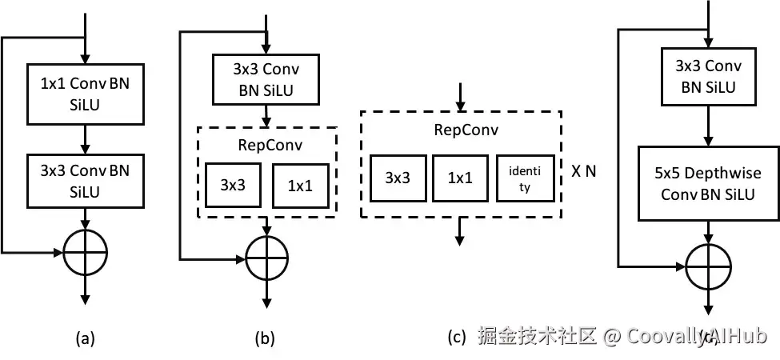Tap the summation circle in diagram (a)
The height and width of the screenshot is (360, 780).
pos(84,252)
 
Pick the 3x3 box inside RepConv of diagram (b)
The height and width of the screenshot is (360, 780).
pos(233,185)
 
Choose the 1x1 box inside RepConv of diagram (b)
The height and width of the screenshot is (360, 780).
pos(300,185)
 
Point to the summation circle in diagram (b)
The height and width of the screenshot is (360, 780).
pos(266,257)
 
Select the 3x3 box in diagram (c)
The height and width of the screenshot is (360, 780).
pos(398,178)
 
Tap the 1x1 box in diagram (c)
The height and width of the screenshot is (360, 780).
pos(462,178)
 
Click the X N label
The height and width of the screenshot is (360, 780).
pos(583,171)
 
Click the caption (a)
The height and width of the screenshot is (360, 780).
pos(84,338)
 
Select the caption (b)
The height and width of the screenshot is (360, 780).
pos(265,338)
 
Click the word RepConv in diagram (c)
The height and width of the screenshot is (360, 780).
pos(462,130)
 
